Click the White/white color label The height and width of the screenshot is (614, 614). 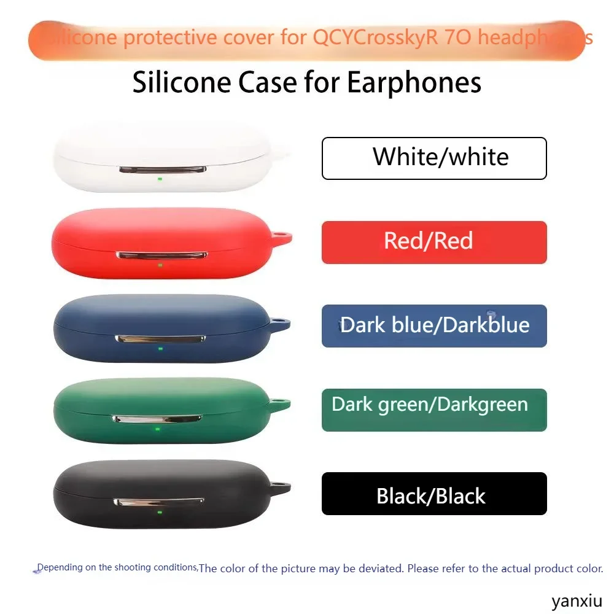click(434, 158)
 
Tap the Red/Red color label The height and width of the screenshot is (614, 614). click(434, 242)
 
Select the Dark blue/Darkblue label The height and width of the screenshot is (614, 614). click(434, 325)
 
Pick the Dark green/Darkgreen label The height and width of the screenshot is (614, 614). click(434, 410)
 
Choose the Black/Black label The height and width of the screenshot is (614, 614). click(434, 494)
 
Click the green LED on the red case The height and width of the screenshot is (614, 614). click(160, 265)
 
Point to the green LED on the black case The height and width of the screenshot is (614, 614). click(160, 513)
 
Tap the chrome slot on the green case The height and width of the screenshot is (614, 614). click(157, 419)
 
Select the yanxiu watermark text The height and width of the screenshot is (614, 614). click(576, 601)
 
